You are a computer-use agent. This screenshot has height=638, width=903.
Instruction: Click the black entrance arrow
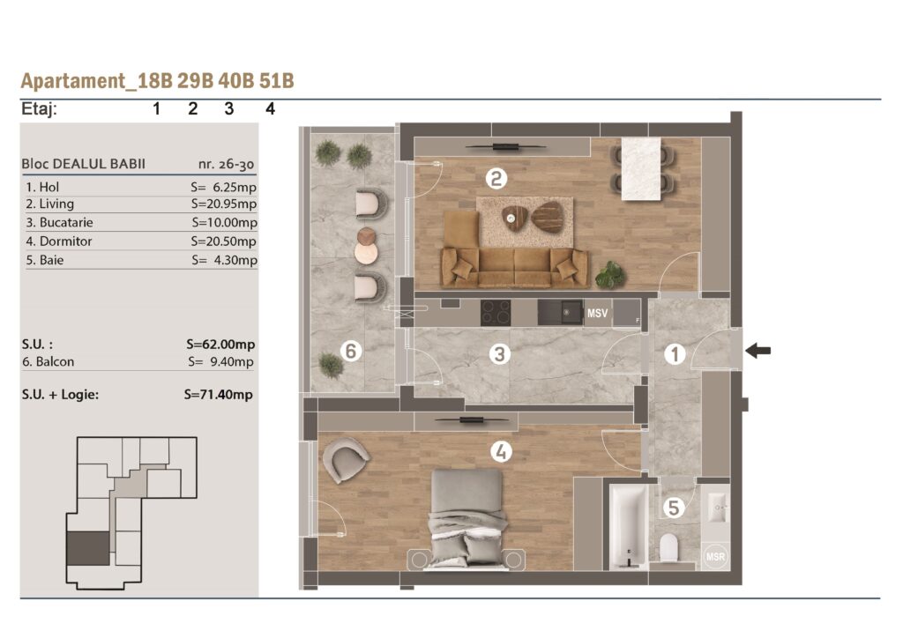757,350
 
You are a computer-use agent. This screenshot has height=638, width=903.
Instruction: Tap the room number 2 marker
496,178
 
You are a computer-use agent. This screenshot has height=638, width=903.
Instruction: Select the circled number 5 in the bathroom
673,508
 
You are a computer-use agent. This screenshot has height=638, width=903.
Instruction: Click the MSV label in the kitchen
597,313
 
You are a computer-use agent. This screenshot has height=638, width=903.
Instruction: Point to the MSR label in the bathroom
715,556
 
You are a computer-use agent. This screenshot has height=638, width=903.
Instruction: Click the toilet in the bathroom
668,548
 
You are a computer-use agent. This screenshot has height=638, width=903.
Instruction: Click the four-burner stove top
496,312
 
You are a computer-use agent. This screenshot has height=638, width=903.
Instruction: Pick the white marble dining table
641,169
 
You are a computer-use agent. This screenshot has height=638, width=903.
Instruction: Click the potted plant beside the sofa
610,275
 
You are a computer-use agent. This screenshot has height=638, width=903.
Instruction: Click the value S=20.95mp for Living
224,204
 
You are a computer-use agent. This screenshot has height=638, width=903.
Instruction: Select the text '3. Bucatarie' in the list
59,222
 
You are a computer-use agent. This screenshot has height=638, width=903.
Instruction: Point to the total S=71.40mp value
219,395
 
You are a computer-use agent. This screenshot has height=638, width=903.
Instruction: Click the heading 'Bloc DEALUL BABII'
84,164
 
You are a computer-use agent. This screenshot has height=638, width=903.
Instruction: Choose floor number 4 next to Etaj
270,108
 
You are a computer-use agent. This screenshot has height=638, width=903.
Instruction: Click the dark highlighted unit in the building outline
88,548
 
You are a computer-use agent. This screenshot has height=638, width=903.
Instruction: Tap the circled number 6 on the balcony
351,351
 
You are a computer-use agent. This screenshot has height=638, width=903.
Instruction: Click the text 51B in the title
276,80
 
